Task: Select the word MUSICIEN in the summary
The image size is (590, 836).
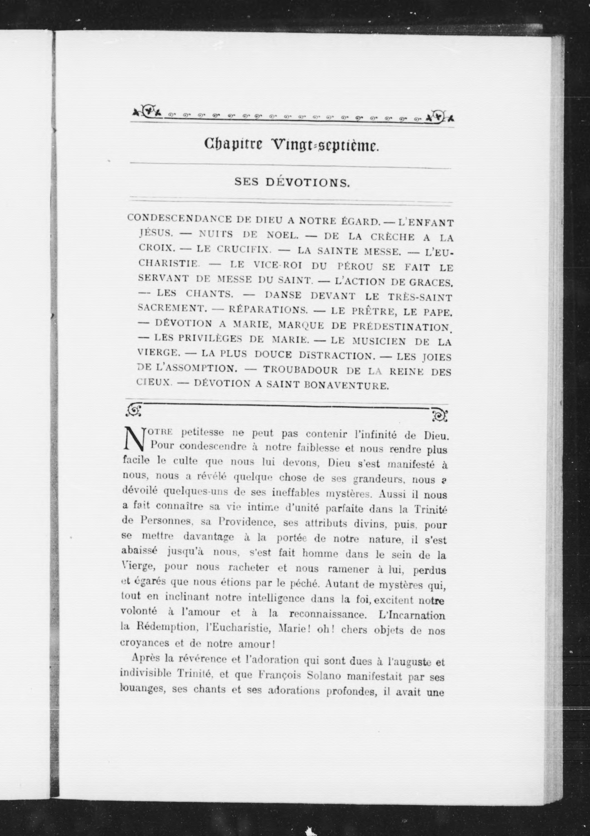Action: click(379, 341)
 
